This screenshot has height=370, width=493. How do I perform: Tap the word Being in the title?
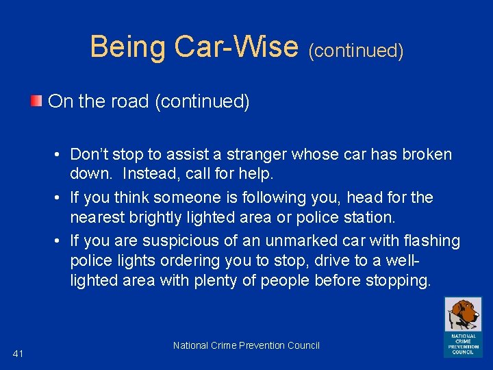(x=128, y=47)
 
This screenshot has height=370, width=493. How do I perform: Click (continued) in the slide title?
(x=355, y=51)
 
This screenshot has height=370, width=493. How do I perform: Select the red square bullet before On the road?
(x=36, y=102)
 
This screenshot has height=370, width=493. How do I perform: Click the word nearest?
(x=97, y=219)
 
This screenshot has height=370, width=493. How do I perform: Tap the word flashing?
(x=432, y=241)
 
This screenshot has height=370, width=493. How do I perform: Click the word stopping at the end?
(x=402, y=281)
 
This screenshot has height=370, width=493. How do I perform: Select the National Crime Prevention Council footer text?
(x=246, y=345)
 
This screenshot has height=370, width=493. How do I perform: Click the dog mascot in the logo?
(x=463, y=314)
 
